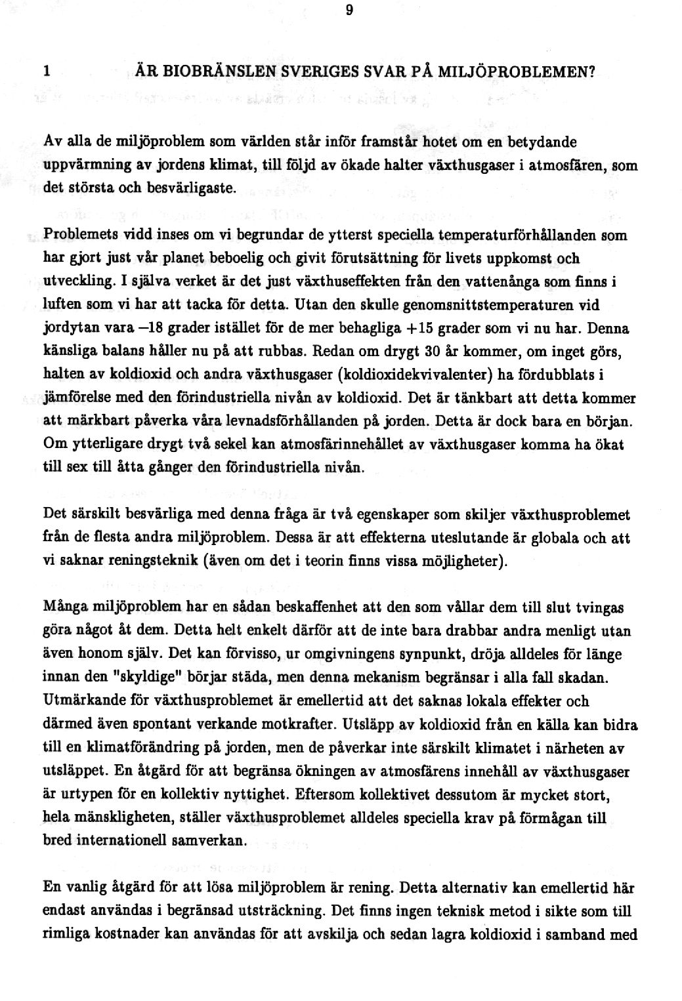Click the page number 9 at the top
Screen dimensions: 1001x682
(x=349, y=10)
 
